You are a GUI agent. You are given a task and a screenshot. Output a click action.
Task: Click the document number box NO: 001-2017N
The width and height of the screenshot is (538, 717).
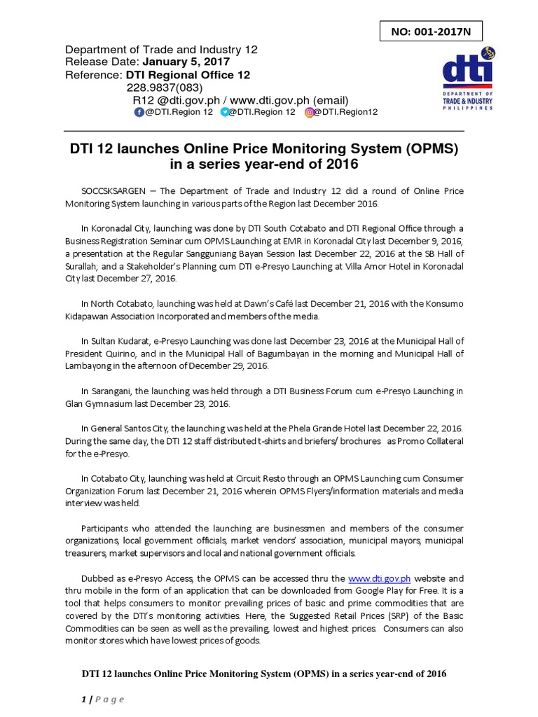point(432,32)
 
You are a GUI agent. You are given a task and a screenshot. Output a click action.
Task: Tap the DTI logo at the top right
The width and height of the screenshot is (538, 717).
point(467,83)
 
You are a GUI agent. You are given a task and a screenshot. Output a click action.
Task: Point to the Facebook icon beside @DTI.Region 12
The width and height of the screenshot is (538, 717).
point(139,112)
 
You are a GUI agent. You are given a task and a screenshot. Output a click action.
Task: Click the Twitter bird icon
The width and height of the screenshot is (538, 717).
point(225,112)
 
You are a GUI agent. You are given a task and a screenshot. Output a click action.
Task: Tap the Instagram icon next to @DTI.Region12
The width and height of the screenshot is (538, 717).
point(309,112)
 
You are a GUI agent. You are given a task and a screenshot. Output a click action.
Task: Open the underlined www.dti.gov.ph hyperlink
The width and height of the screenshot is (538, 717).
point(379,579)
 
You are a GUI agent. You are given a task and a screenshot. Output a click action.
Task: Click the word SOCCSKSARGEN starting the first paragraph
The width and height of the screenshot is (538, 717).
point(113,191)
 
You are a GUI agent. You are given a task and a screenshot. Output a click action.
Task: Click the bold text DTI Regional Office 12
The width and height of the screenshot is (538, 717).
point(188,75)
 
